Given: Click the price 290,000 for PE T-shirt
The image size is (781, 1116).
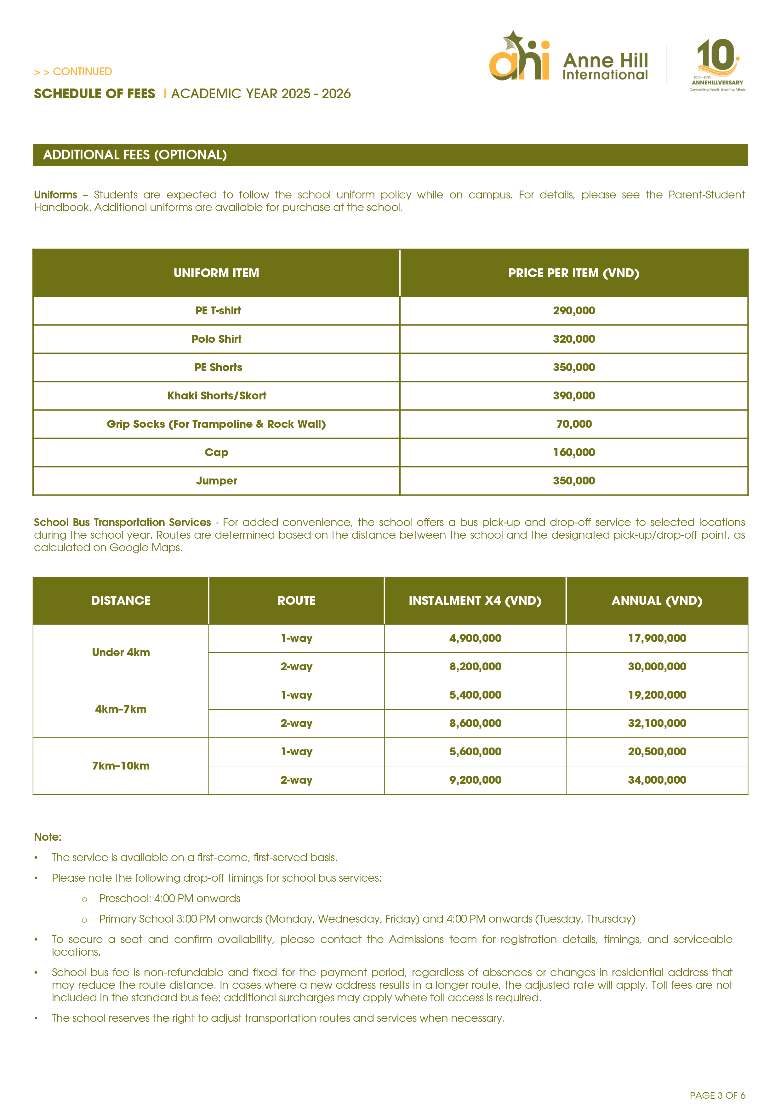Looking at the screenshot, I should coord(573,311).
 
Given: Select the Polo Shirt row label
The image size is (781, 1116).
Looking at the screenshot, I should coord(216,339).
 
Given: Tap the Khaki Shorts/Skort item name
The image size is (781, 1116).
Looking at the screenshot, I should coord(216,396).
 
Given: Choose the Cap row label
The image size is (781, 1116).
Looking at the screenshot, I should coord(216,453).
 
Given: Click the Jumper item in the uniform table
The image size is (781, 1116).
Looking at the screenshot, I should coord(216,481).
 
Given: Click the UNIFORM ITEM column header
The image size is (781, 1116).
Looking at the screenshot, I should coord(216,273).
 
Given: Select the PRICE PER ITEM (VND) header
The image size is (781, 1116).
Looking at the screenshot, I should coord(573,273).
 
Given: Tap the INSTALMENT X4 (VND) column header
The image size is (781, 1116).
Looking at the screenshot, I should coord(475,601).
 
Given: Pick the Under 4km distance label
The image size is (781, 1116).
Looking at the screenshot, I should coord(121,652).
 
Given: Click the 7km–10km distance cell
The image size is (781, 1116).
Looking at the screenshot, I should coord(121,766).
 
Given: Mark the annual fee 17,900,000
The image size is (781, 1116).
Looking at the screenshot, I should coord(657,638).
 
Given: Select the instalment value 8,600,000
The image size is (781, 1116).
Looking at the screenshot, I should coord(475,723).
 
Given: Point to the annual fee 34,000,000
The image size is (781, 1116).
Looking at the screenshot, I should coord(657,780).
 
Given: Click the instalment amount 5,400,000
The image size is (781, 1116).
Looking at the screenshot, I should coord(475,695).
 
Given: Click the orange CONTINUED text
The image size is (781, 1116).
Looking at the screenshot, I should coord(82,72).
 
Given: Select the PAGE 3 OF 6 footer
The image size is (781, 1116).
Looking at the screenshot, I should coord(717,1095).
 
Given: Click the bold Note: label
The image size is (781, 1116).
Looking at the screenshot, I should coord(48,837).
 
